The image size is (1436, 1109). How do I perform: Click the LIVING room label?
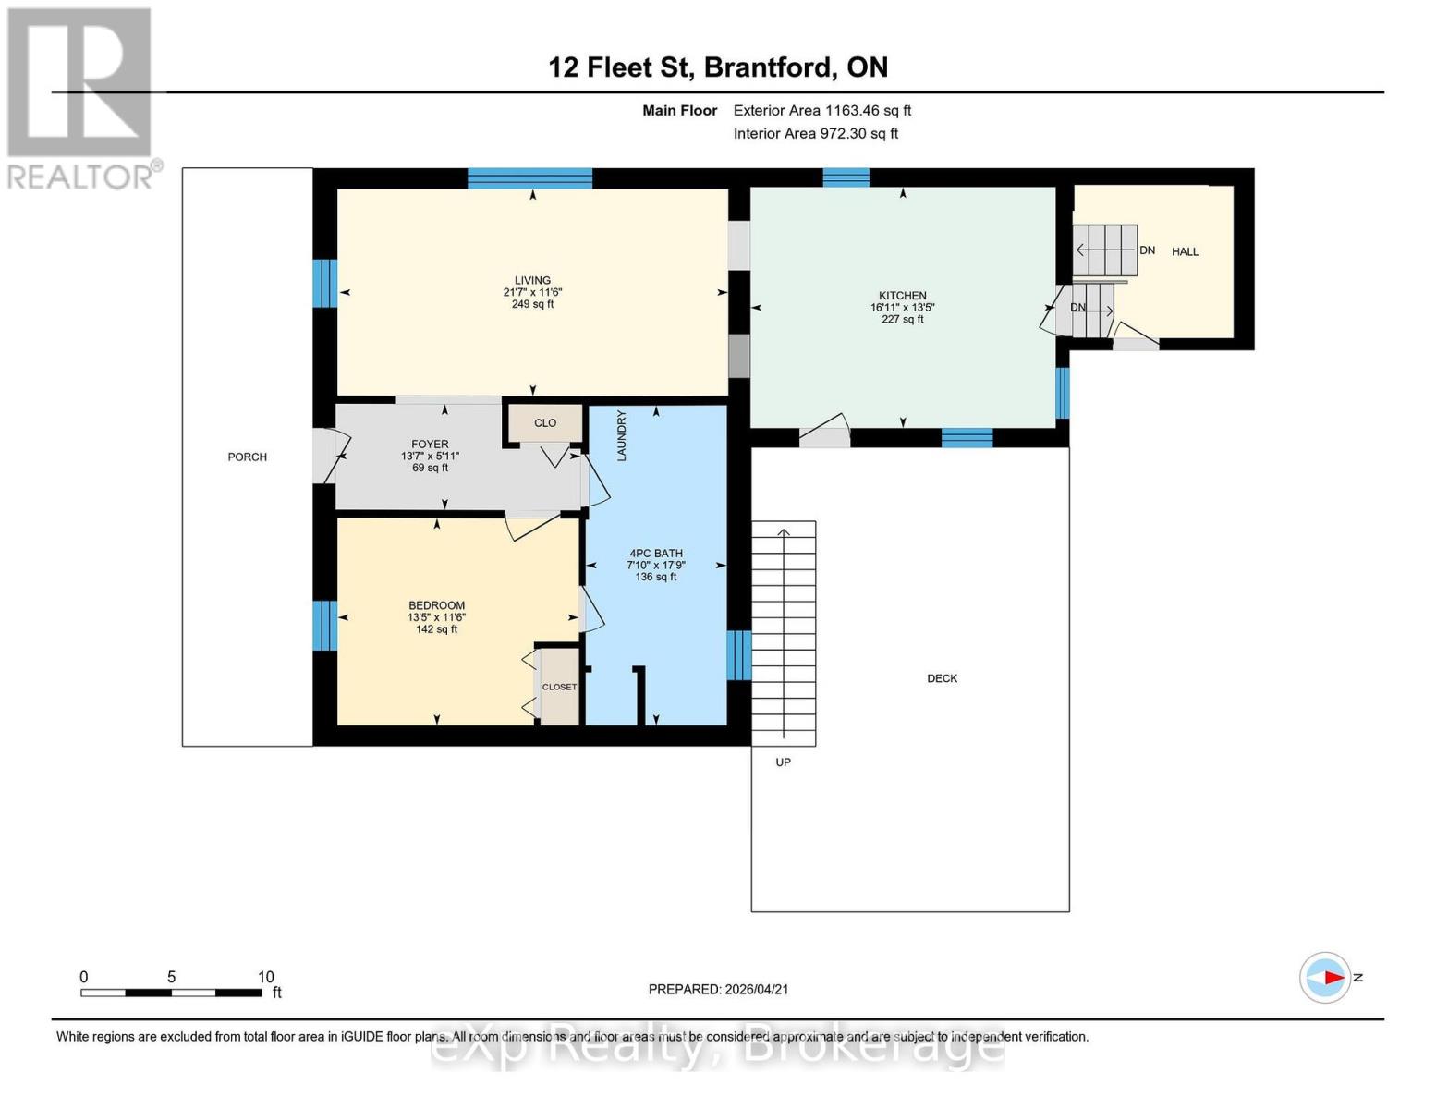pyautogui.click(x=532, y=280)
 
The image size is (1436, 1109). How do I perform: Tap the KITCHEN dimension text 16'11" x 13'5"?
pyautogui.click(x=902, y=308)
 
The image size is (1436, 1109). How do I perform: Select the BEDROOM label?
pyautogui.click(x=436, y=605)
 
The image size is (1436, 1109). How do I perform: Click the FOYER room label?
pyautogui.click(x=430, y=445)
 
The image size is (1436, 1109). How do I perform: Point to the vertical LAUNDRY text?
pyautogui.click(x=622, y=436)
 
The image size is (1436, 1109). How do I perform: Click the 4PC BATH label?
pyautogui.click(x=655, y=554)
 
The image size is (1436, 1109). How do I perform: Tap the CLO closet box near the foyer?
pyautogui.click(x=545, y=423)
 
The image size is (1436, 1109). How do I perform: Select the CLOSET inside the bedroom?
pyautogui.click(x=559, y=687)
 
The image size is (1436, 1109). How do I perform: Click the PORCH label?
pyautogui.click(x=247, y=457)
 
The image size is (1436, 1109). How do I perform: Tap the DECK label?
pyautogui.click(x=942, y=678)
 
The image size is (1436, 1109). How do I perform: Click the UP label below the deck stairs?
pyautogui.click(x=783, y=762)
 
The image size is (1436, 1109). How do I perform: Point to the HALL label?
pyautogui.click(x=1185, y=251)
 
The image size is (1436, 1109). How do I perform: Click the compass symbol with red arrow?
pyautogui.click(x=1325, y=977)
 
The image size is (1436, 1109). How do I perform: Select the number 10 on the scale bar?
pyautogui.click(x=265, y=977)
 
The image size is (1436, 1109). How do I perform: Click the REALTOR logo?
pyautogui.click(x=81, y=97)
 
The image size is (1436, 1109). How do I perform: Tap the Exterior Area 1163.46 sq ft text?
pyautogui.click(x=821, y=110)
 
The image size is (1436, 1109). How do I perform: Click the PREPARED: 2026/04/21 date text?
pyautogui.click(x=718, y=989)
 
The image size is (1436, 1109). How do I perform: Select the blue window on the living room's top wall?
pyautogui.click(x=529, y=178)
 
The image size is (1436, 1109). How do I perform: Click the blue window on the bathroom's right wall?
pyautogui.click(x=738, y=655)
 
